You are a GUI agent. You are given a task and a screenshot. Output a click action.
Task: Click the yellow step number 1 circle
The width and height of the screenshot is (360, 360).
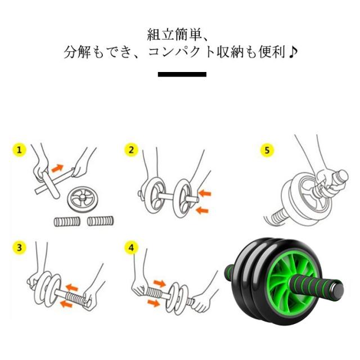(x=19, y=150)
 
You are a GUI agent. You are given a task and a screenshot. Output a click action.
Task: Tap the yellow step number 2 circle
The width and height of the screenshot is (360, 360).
(x=131, y=150)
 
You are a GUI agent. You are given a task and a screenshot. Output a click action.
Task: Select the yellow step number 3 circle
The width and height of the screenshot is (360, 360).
(x=19, y=247)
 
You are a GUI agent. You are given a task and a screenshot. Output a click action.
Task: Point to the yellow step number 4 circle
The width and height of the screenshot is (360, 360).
(x=131, y=247)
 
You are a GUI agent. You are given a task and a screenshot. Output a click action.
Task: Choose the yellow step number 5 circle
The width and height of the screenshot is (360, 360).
(x=267, y=150)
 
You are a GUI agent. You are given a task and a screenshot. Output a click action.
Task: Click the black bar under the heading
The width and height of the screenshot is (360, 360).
(x=182, y=74)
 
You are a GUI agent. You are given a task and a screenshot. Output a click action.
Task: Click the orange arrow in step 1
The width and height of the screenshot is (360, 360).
(x=57, y=168)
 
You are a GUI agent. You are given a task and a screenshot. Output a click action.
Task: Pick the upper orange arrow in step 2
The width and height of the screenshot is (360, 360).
(x=205, y=193)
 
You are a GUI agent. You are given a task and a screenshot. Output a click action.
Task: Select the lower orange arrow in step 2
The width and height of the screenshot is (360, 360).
(x=202, y=210)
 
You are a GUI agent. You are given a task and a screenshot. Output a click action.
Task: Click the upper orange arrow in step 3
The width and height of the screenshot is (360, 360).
(x=72, y=287)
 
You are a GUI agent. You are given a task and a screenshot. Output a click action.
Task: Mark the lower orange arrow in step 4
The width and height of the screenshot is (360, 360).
(x=154, y=303)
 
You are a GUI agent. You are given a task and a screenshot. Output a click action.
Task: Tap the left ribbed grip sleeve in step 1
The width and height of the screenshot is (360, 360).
(x=67, y=221)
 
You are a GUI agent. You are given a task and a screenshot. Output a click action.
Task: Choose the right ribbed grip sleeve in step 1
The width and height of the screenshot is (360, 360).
(x=101, y=221)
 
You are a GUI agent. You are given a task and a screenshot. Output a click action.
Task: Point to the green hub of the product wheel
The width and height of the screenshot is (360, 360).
(x=291, y=282)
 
